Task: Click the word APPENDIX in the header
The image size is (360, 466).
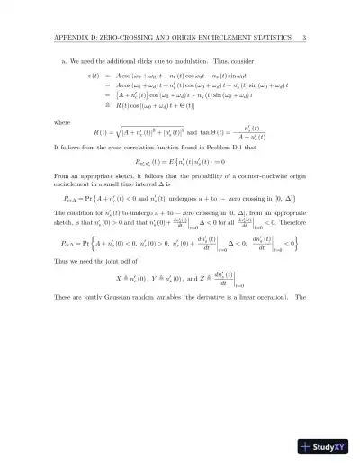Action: tap(71, 37)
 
